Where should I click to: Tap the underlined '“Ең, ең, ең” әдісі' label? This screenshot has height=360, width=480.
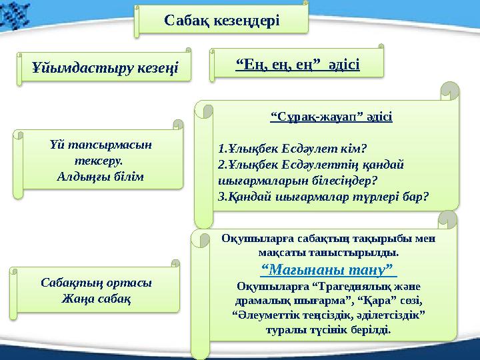point(298,64)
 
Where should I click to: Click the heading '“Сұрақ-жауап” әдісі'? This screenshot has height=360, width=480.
point(331,117)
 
